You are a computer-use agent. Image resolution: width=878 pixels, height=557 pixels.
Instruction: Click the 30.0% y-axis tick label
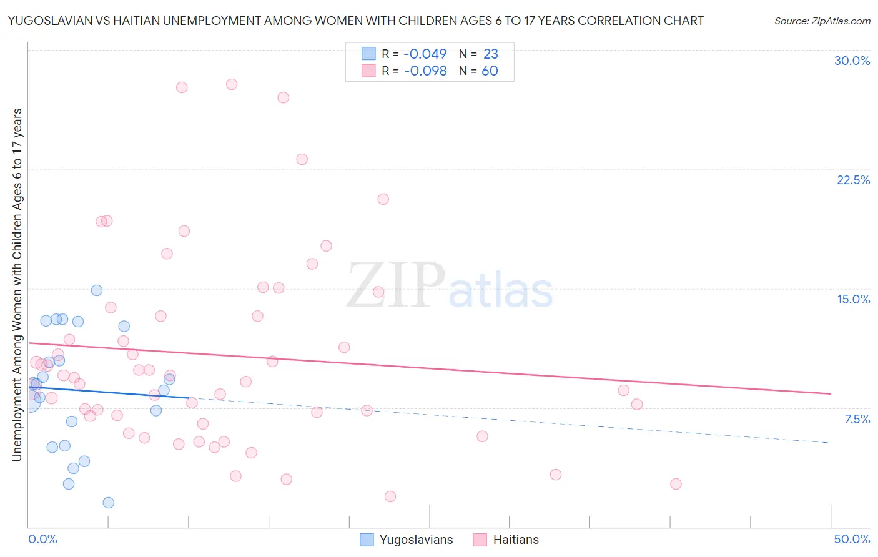coord(852,61)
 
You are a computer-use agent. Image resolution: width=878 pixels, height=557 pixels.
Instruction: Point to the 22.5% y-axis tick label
coord(853,180)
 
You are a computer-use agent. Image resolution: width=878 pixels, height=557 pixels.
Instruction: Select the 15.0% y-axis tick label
coord(853,299)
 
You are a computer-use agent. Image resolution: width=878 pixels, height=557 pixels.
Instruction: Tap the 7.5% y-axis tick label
coord(857,419)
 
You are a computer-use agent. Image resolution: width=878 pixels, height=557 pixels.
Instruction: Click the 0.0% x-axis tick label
coord(42,539)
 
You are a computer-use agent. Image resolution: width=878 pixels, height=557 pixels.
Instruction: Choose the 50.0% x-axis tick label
coord(852,539)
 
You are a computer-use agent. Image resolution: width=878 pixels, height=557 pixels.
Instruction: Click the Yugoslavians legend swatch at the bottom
coord(367,540)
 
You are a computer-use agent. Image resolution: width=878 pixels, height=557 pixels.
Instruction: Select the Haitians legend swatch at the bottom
coord(480,540)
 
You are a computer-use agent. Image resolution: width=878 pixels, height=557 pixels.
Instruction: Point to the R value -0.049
coord(425,54)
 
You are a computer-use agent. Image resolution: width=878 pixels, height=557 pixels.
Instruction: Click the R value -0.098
coord(425,71)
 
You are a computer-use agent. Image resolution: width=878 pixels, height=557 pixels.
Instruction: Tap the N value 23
coord(490,54)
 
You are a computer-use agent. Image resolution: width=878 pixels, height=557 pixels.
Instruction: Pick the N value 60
coord(490,71)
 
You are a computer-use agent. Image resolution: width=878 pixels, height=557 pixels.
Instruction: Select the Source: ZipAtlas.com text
coord(822,21)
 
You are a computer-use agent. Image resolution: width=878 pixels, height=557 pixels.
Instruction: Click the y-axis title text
coord(17,285)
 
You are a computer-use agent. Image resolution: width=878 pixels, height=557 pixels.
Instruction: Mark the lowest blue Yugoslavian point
coord(108,503)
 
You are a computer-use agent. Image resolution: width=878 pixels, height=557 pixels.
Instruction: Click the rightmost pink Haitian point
coord(676,484)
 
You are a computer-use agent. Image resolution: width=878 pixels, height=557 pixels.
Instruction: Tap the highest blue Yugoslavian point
coord(97,290)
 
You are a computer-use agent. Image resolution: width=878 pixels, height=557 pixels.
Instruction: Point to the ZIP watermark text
coord(396,285)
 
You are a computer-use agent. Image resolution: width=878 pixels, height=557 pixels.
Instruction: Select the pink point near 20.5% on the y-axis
coord(383,199)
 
